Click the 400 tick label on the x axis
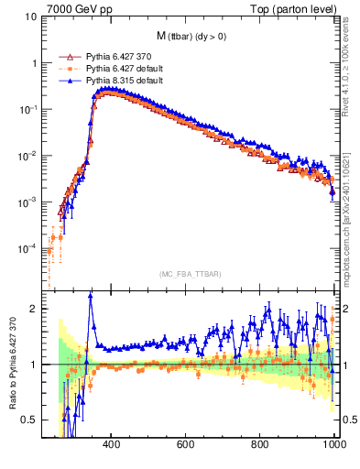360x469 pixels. point(112,445)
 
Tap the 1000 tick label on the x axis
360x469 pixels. point(333,445)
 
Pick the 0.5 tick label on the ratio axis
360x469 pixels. point(29,420)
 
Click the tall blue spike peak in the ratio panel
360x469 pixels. point(90,295)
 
